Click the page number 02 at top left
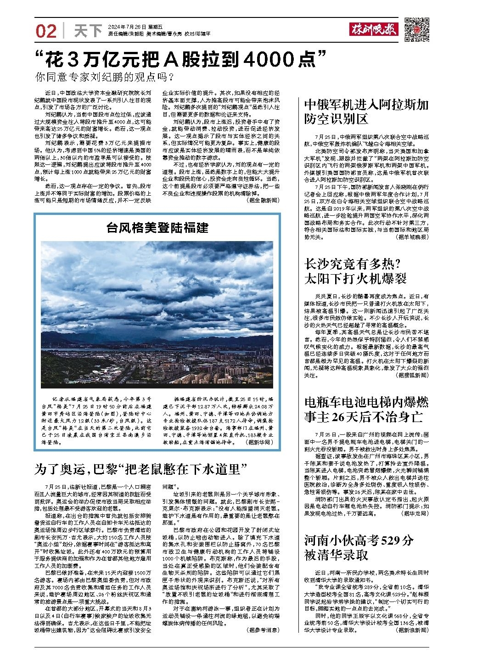(x=46, y=31)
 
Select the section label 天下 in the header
(x=88, y=31)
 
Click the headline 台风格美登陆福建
(x=157, y=227)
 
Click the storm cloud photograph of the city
(x=157, y=314)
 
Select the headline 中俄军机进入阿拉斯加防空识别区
(x=366, y=113)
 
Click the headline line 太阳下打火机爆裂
(x=355, y=278)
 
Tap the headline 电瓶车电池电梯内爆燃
(x=366, y=403)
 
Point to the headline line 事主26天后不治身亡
(x=363, y=417)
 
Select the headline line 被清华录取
(x=337, y=555)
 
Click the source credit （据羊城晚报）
(x=412, y=237)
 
